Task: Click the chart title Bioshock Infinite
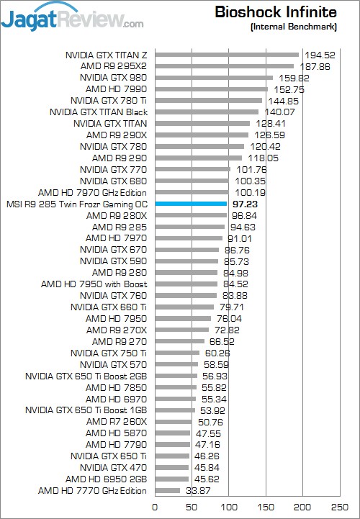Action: [x=276, y=12]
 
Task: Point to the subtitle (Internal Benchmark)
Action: [x=294, y=27]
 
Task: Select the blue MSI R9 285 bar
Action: [x=191, y=204]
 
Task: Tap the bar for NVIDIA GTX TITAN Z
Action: [x=227, y=55]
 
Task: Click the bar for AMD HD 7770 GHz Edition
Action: [x=168, y=490]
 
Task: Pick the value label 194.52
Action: [x=320, y=55]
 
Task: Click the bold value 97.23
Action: [x=245, y=204]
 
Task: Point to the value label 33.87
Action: [x=198, y=490]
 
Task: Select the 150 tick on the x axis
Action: [x=266, y=507]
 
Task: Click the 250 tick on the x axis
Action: [x=340, y=507]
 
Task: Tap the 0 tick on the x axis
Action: [x=155, y=507]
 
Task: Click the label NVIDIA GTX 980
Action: [x=113, y=78]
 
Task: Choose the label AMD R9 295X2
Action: [x=114, y=66]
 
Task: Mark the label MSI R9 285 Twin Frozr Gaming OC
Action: [x=77, y=204]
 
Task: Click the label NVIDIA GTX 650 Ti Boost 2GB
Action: [x=86, y=376]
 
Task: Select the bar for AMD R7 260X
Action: [x=174, y=422]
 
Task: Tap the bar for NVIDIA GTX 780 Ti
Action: [x=209, y=101]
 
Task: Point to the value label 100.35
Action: [x=251, y=181]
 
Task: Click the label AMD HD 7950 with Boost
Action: [x=94, y=284]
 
